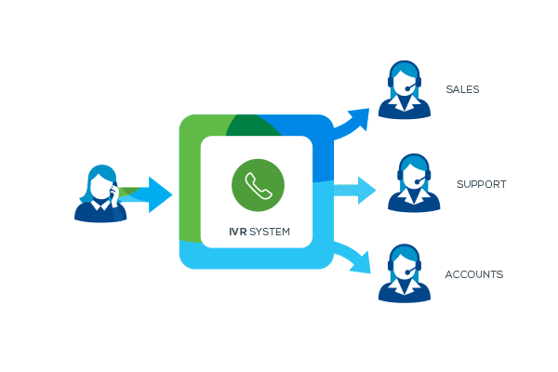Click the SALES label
462,90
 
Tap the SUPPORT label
481,184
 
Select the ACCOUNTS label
474,274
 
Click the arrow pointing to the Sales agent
354,121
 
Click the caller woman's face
100,184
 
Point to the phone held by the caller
113,192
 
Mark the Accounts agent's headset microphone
409,272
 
